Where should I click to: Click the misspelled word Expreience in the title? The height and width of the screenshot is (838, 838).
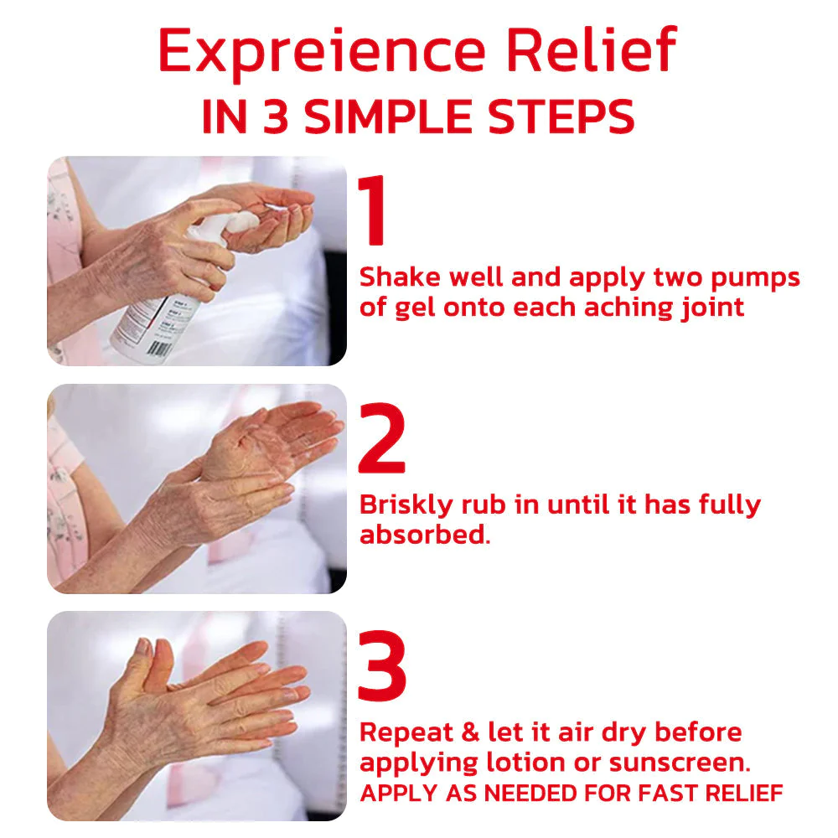[x=322, y=52]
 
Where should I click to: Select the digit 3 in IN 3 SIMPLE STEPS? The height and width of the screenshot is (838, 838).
[x=275, y=116]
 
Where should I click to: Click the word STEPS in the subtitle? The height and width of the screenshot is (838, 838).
[x=561, y=116]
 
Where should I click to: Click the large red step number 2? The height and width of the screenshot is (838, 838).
[x=381, y=437]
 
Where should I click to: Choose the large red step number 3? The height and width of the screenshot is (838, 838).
[x=381, y=665]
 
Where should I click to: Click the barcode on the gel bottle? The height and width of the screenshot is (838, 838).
[x=158, y=348]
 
